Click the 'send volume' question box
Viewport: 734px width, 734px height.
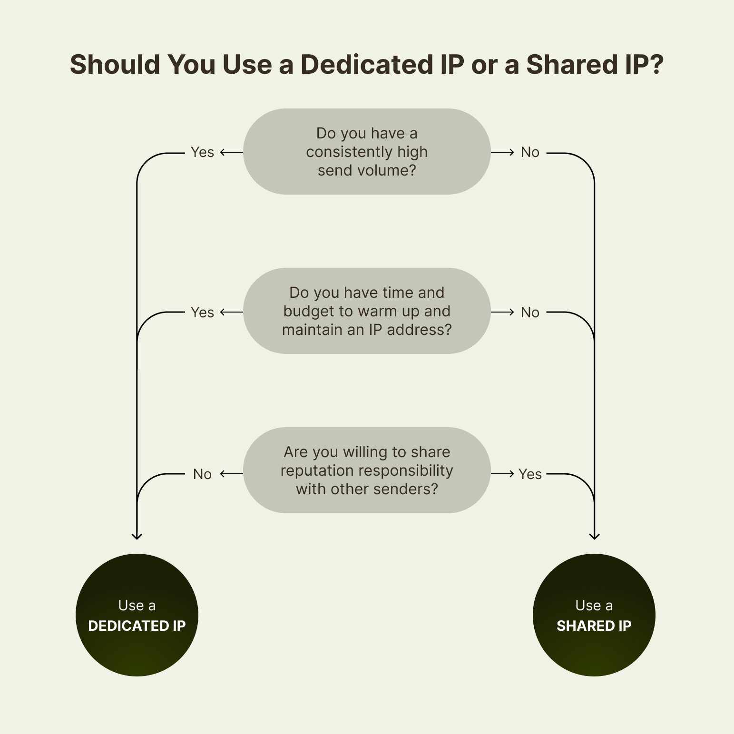[x=367, y=151]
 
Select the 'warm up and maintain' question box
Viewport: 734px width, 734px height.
[x=367, y=311]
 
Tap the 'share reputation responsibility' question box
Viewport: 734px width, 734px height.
[x=367, y=470]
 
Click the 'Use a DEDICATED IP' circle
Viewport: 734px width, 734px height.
[x=137, y=615]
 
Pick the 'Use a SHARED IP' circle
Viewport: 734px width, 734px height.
[x=594, y=615]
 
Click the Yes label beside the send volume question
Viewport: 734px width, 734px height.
[x=202, y=152]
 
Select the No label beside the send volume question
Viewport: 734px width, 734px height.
[x=530, y=152]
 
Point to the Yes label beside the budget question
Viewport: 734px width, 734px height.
[x=202, y=313]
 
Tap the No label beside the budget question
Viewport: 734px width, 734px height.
[x=530, y=313]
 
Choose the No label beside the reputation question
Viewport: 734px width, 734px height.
[x=202, y=474]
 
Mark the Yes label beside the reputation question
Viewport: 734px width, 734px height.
[x=530, y=474]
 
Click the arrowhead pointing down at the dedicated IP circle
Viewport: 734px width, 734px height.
[x=137, y=536]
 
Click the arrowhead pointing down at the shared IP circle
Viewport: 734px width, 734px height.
[x=594, y=536]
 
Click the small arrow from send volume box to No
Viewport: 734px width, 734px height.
[x=503, y=152]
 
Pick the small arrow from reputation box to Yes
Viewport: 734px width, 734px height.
[x=503, y=474]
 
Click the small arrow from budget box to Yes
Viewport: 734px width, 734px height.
[x=231, y=312]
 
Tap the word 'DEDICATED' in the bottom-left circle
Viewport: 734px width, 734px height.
[x=122, y=626]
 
